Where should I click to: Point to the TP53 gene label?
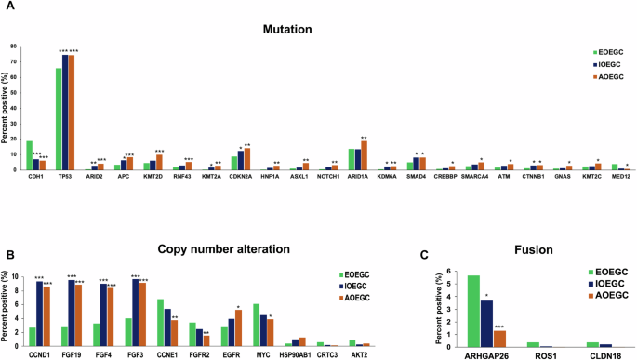[x=64, y=178]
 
